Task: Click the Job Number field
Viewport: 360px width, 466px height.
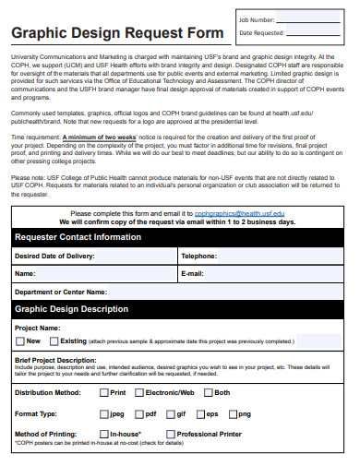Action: click(314, 19)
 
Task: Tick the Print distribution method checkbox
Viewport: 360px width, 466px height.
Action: click(102, 392)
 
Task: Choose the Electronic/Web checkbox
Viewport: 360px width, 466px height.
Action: click(138, 392)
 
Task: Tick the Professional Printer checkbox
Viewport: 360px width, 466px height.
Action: click(170, 433)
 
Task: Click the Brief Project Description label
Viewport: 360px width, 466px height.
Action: click(55, 360)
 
